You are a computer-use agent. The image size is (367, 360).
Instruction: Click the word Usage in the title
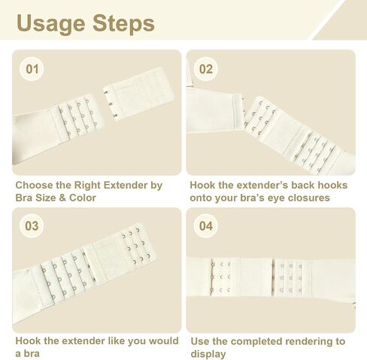point(50,24)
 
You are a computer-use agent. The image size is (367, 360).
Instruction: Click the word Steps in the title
point(123,23)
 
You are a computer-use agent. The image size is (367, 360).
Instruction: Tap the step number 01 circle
point(32,69)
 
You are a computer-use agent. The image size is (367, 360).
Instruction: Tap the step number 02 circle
point(206,69)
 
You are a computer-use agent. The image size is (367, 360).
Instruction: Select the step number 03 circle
point(32,225)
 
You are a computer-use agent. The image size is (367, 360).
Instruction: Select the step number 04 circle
point(206,225)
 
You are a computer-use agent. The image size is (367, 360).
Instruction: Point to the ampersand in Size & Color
point(62,198)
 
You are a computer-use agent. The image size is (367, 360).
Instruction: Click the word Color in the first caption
point(83,198)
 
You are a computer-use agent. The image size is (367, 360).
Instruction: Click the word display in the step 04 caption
point(208,354)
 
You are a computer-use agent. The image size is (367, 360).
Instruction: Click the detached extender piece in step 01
point(138,93)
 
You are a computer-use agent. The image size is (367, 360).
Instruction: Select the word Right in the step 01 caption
point(87,185)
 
